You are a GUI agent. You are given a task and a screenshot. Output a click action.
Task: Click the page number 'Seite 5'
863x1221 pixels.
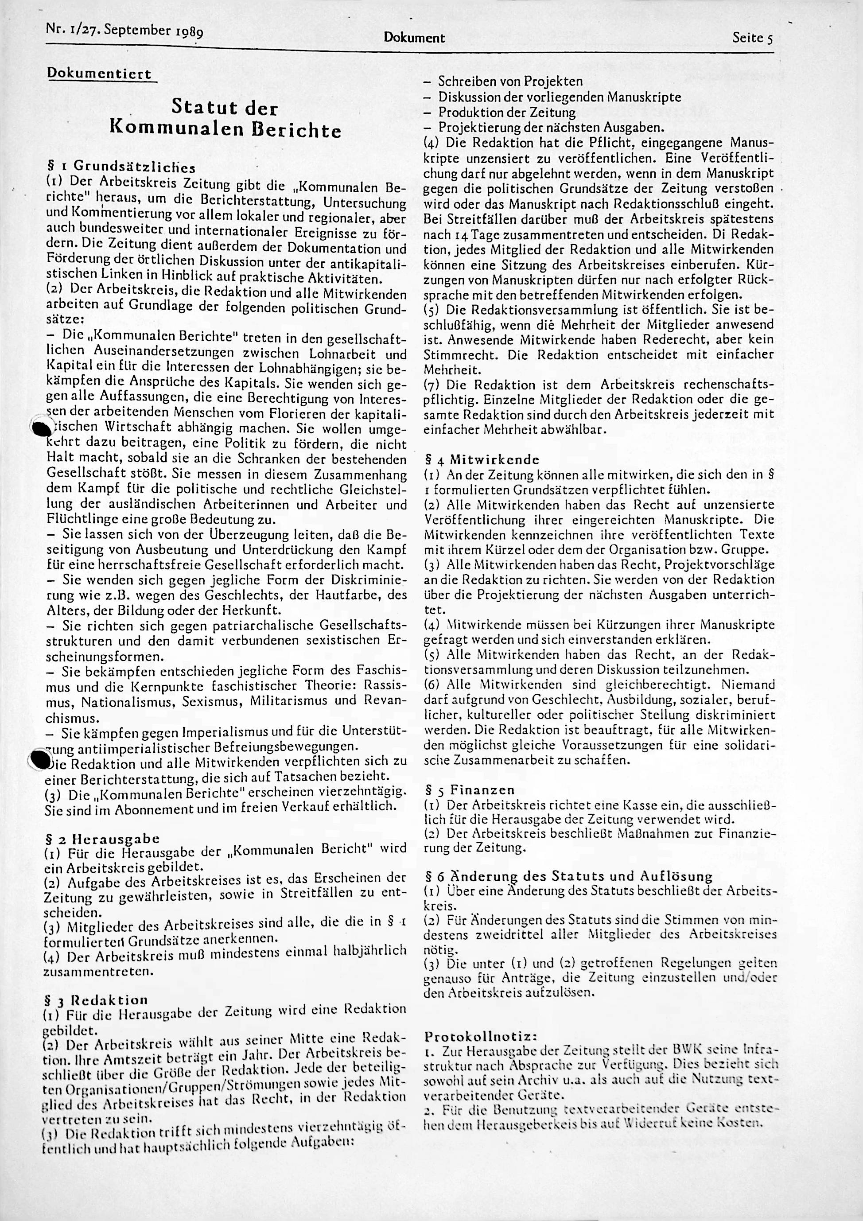[752, 38]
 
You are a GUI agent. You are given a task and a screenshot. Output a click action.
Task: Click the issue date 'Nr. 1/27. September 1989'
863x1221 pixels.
[124, 30]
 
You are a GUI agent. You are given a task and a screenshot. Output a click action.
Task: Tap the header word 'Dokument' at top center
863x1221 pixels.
[414, 38]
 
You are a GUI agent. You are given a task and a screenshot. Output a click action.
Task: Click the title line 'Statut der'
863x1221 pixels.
[225, 108]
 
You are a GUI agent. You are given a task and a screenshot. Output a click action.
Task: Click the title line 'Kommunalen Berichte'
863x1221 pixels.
[225, 130]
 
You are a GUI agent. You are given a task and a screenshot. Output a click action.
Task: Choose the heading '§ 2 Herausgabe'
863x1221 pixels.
[103, 839]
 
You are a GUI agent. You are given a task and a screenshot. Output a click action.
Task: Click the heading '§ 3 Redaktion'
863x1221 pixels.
[96, 1000]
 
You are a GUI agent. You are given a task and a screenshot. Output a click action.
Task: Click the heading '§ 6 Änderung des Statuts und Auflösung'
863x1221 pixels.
[568, 876]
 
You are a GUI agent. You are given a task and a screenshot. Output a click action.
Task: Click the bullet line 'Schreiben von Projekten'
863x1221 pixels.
[510, 82]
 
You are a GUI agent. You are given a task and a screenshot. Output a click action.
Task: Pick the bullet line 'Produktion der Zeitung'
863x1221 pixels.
[506, 112]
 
